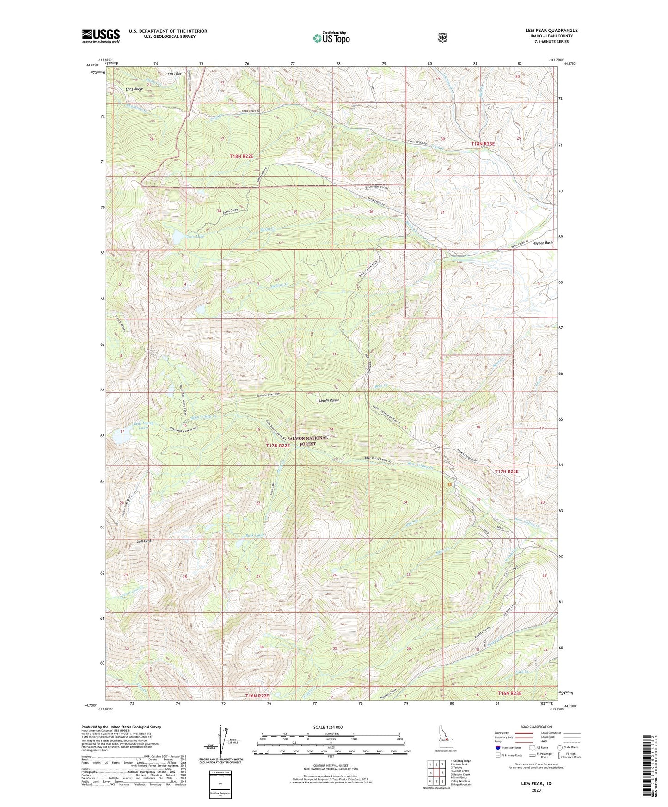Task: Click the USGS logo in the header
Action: [101, 35]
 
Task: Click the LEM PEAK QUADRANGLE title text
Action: [551, 31]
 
